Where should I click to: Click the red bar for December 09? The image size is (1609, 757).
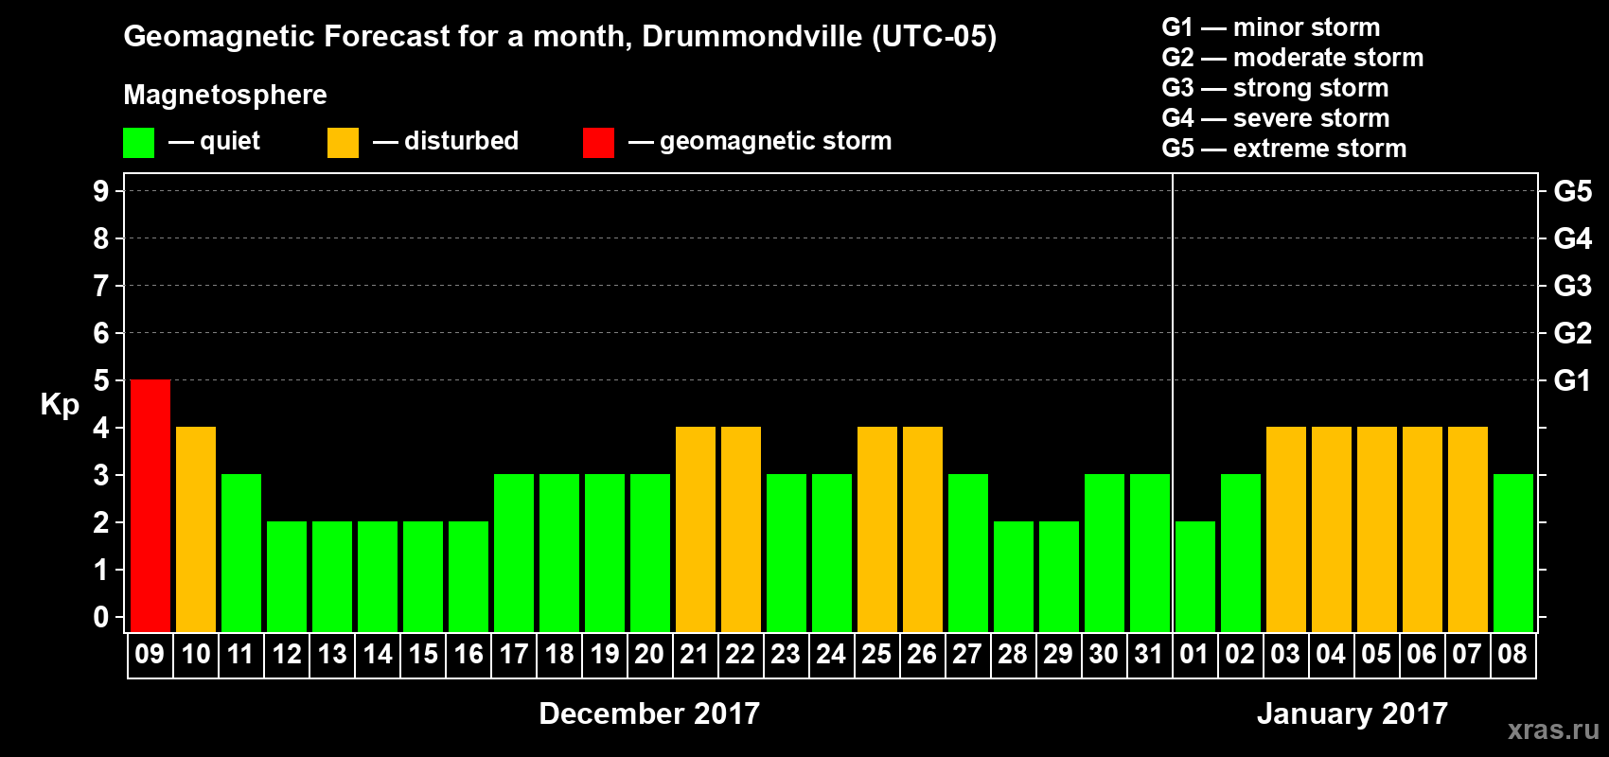tap(150, 505)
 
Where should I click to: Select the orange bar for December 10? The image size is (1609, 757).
tap(196, 529)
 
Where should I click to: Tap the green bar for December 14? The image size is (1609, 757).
tap(378, 576)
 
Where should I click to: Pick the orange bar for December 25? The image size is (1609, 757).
tap(877, 529)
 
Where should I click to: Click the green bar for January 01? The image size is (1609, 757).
tap(1195, 576)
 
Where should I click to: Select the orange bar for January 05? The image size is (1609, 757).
tap(1377, 529)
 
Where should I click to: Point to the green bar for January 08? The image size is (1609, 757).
tap(1513, 553)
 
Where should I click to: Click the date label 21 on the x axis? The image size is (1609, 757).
tap(695, 654)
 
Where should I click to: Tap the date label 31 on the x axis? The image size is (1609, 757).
tap(1149, 654)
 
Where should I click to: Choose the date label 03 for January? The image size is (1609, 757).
tap(1285, 654)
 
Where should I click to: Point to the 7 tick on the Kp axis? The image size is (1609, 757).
tap(101, 286)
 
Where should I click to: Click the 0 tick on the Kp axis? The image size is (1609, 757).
tap(101, 617)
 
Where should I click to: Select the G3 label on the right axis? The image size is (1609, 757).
tap(1572, 286)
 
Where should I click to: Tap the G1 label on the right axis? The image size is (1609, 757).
tap(1572, 380)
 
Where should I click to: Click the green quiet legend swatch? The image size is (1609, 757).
tap(139, 143)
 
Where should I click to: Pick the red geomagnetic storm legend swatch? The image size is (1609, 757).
tap(598, 143)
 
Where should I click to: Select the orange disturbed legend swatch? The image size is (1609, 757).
tap(343, 143)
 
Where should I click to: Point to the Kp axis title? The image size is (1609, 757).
tap(60, 405)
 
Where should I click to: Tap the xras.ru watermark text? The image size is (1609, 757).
tap(1553, 730)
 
